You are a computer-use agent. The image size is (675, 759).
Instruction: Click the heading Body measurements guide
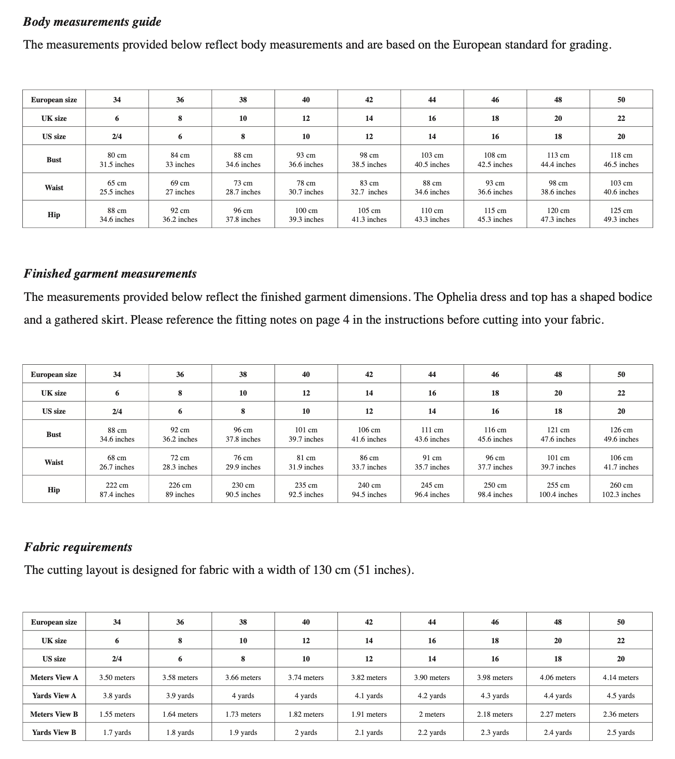pyautogui.click(x=92, y=22)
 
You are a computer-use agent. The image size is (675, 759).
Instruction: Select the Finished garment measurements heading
pyautogui.click(x=110, y=274)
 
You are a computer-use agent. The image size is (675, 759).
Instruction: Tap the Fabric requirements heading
pyautogui.click(x=78, y=547)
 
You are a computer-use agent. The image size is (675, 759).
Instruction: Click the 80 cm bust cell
pyautogui.click(x=117, y=160)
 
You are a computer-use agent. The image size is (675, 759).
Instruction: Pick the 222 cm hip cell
pyautogui.click(x=117, y=490)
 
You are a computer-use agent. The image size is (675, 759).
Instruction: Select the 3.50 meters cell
pyautogui.click(x=117, y=677)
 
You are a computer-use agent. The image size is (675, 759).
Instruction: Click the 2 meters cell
pyautogui.click(x=432, y=714)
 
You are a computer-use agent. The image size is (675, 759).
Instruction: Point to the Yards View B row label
pyautogui.click(x=54, y=732)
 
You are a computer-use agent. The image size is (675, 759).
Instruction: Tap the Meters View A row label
pyautogui.click(x=54, y=677)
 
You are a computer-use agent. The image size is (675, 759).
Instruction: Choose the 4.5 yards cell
pyautogui.click(x=621, y=696)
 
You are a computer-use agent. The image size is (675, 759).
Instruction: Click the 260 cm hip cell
pyautogui.click(x=621, y=490)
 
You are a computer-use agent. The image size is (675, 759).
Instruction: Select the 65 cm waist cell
pyautogui.click(x=117, y=188)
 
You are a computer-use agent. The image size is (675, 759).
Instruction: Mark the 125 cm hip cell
pyautogui.click(x=621, y=215)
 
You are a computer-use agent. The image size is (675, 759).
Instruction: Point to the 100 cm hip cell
pyautogui.click(x=306, y=215)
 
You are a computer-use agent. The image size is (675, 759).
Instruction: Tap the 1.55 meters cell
pyautogui.click(x=117, y=714)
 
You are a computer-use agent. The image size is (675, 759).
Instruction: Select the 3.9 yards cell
pyautogui.click(x=180, y=696)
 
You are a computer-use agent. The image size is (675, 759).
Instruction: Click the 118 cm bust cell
pyautogui.click(x=621, y=160)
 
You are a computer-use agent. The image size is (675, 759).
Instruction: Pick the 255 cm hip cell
pyautogui.click(x=558, y=490)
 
